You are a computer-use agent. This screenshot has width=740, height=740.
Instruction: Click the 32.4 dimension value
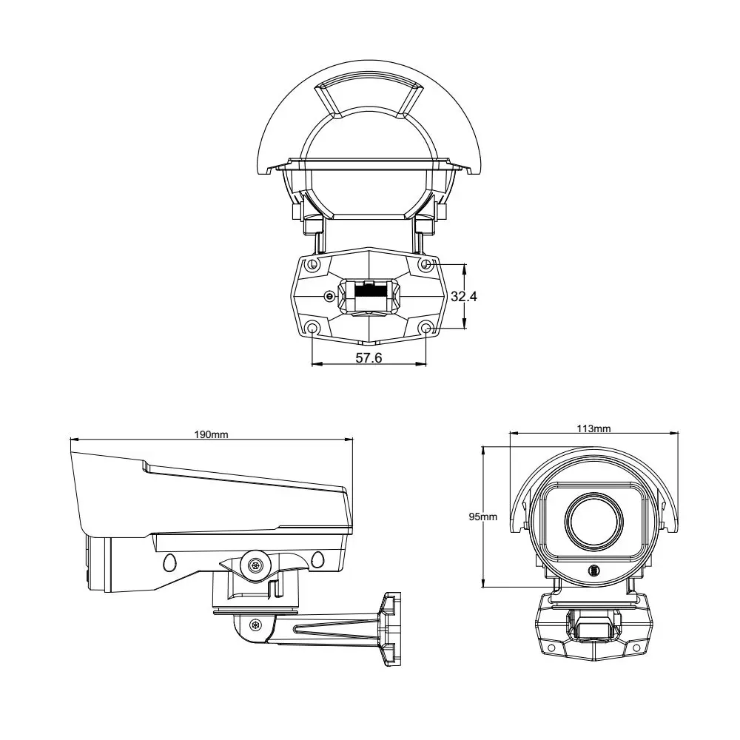pos(463,297)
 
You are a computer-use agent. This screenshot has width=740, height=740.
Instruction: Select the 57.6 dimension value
pos(369,357)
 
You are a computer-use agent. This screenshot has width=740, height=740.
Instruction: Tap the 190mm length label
pos(212,434)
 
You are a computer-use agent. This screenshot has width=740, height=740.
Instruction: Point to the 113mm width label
pos(593,428)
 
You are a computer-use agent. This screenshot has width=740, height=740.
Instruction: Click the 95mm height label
pos(482,517)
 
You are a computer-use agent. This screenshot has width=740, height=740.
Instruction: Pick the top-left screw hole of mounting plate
pos(312,265)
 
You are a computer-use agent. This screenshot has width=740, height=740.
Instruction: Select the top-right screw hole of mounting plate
pos(425,264)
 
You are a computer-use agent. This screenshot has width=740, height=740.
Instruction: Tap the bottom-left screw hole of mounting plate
pos(312,328)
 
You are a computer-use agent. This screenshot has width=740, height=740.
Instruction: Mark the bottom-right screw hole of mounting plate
pos(425,328)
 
